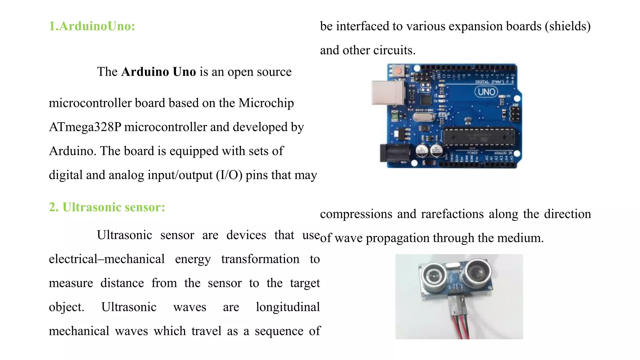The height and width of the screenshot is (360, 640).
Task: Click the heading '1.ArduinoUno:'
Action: coord(92,26)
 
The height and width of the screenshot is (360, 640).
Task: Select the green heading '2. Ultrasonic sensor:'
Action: coord(107,207)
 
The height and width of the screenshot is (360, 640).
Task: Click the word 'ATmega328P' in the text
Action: coord(85,127)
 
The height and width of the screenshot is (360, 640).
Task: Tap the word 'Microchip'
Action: coord(266,103)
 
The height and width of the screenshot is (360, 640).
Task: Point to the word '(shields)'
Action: coord(567,27)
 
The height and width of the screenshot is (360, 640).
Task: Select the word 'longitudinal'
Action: coord(287,307)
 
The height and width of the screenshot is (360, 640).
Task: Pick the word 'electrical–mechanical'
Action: coord(107,259)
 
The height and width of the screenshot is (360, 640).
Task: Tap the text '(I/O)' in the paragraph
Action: coord(229,175)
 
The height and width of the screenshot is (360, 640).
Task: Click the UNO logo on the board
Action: coord(486,92)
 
